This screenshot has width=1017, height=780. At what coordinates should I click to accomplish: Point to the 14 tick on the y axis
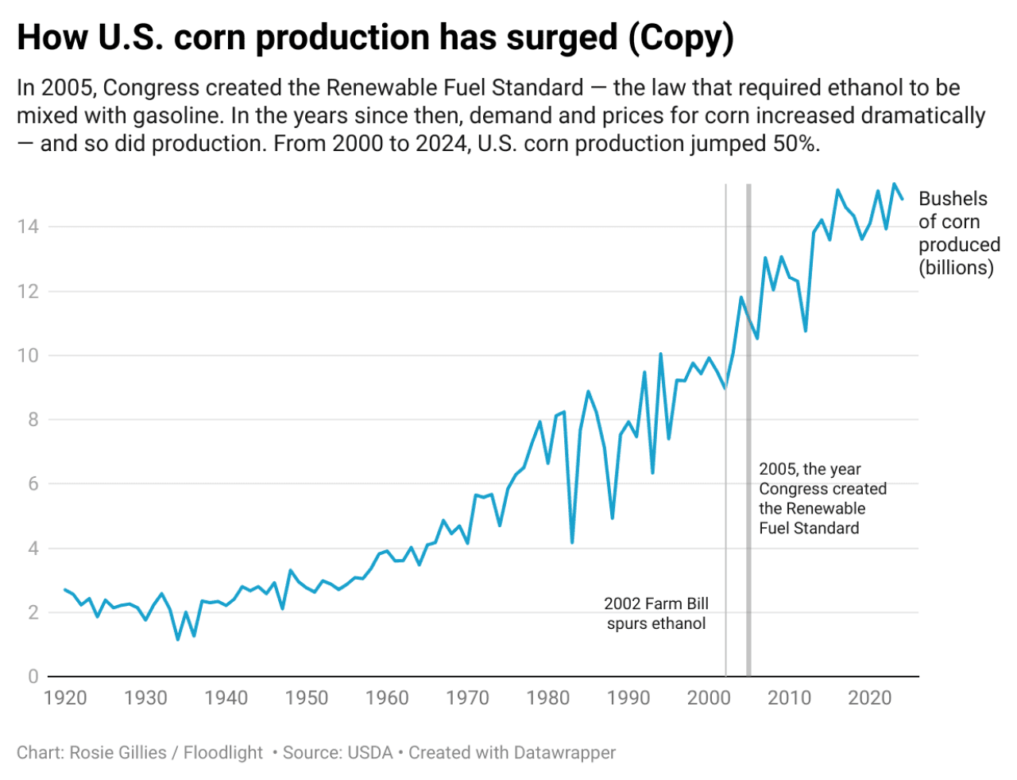(x=28, y=227)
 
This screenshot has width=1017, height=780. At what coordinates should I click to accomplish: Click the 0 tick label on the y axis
(x=33, y=677)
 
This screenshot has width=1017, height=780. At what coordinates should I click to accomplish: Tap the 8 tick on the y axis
(x=33, y=420)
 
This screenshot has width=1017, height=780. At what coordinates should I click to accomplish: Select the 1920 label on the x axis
(x=65, y=698)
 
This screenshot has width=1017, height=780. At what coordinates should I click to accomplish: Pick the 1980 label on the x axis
(x=547, y=698)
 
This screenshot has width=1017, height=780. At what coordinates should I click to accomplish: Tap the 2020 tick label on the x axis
(x=869, y=698)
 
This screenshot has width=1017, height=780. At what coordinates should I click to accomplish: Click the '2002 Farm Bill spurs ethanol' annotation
(x=656, y=614)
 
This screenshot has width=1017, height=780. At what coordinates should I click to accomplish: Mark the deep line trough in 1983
(x=572, y=542)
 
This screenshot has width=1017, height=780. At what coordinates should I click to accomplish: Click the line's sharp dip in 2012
(x=806, y=330)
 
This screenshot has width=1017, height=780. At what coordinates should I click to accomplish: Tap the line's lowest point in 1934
(x=178, y=639)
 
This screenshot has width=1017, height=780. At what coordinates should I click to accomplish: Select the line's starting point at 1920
(x=65, y=589)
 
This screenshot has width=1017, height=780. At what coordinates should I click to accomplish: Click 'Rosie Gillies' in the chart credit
(x=118, y=752)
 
